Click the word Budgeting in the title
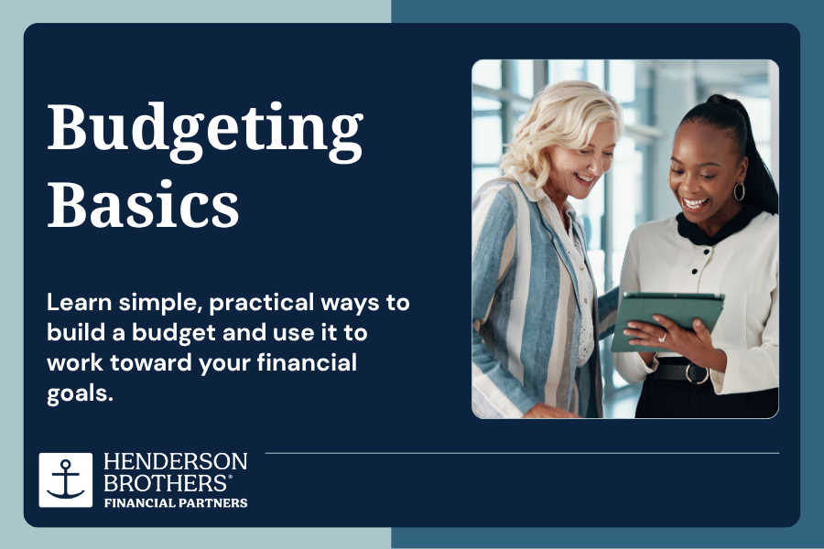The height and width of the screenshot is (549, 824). point(205,132)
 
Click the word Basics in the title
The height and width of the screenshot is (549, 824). point(144,204)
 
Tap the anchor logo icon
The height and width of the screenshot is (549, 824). point(66,479)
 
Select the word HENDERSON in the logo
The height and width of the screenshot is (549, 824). point(176,461)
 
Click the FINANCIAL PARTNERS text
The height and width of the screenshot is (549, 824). point(176,502)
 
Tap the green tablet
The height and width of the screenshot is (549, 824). point(667,321)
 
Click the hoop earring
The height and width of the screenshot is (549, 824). point(739,191)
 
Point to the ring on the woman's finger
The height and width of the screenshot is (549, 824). point(663,338)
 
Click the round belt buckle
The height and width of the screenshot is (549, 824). point(697,373)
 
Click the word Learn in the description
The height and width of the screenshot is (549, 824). point(80,302)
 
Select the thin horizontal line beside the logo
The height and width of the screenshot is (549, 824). point(523,453)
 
